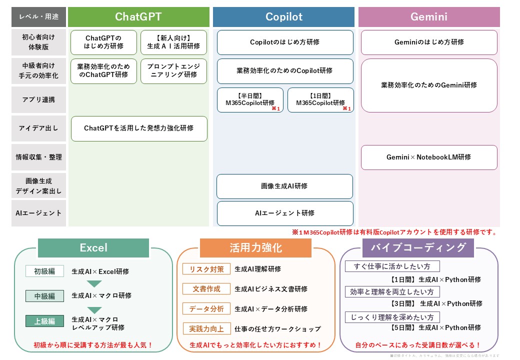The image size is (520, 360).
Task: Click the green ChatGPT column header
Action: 138,17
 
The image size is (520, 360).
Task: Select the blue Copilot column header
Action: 283,17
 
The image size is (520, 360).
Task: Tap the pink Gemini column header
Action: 428,17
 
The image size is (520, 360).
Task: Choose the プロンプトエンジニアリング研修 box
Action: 173,70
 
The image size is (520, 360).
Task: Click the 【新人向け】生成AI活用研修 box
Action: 173,42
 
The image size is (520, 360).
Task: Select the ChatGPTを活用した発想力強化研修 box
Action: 139,128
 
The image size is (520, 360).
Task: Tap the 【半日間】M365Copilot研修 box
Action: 250,100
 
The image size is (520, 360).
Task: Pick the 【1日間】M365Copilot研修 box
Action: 320,100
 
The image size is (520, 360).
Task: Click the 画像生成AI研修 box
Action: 284,186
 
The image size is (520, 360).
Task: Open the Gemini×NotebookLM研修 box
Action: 429,157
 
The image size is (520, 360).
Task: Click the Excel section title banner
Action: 93,247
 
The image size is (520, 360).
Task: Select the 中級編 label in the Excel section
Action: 44,295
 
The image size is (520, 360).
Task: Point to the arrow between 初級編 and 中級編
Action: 94,284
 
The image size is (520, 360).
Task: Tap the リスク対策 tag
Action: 206,269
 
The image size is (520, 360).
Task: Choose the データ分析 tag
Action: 206,309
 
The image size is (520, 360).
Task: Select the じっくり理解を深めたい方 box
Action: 392,317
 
